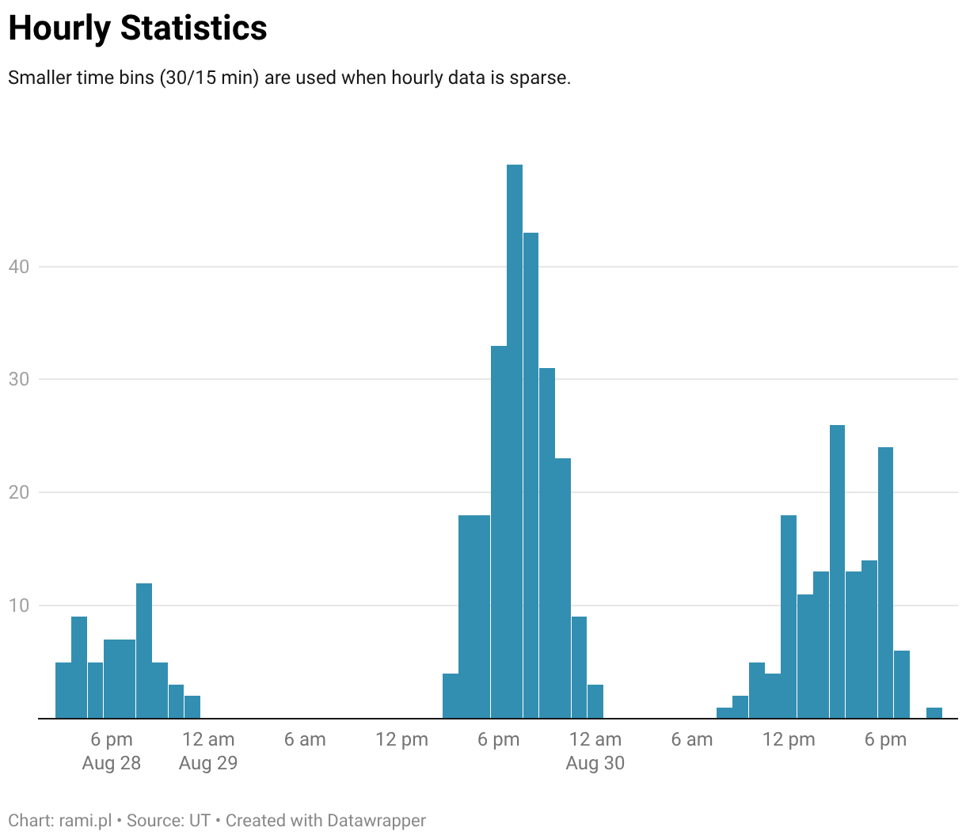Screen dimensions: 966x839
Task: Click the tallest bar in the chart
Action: (x=514, y=441)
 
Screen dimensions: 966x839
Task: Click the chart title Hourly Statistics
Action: (x=138, y=28)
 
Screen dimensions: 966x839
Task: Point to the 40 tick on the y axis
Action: (x=19, y=267)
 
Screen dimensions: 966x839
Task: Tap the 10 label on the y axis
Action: (x=19, y=606)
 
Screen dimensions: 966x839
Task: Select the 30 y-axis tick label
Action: (x=19, y=379)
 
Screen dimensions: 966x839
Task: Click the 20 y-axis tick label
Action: (x=19, y=492)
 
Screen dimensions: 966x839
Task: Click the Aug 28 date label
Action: (x=112, y=763)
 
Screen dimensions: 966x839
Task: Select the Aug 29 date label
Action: (x=208, y=763)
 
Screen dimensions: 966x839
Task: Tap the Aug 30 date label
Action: (x=595, y=763)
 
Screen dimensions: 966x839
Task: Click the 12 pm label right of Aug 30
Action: (x=789, y=739)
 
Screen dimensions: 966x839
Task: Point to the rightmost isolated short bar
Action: (x=934, y=712)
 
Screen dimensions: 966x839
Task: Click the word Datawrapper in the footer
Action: (x=376, y=820)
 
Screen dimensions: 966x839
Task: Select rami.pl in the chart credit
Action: (x=86, y=820)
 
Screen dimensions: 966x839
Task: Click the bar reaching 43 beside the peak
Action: (x=531, y=475)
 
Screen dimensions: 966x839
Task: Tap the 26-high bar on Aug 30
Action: (x=837, y=571)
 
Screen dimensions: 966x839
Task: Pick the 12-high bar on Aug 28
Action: (x=144, y=651)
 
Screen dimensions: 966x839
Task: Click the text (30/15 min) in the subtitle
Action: (x=210, y=78)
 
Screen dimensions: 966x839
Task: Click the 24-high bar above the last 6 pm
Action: (x=885, y=583)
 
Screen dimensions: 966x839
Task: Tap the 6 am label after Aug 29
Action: (x=305, y=739)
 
